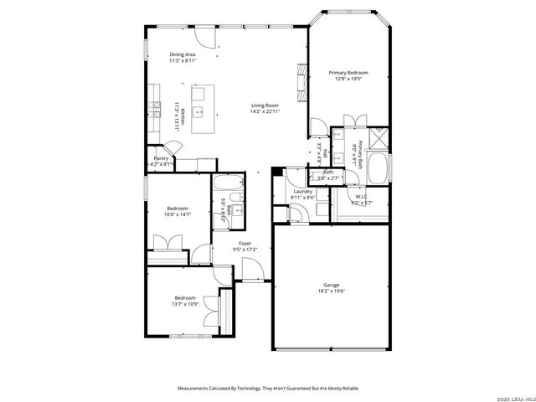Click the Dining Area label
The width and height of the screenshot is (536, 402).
click(x=182, y=54)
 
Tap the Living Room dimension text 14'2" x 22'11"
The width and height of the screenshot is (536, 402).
click(x=265, y=111)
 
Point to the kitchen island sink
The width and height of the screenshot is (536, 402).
click(x=200, y=110)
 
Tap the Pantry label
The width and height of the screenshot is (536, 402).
click(x=161, y=158)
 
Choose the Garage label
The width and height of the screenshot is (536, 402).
click(x=332, y=285)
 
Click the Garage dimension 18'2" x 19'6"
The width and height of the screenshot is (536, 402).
click(x=332, y=291)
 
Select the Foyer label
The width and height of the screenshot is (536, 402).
click(x=245, y=243)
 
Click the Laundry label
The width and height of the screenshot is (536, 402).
click(x=302, y=191)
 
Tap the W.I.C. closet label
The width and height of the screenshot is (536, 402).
click(x=361, y=198)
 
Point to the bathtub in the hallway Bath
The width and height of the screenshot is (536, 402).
click(x=225, y=184)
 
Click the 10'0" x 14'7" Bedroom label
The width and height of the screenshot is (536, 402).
click(x=177, y=208)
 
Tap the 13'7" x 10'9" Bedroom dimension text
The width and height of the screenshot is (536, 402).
click(x=185, y=304)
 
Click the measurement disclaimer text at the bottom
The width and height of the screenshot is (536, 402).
click(x=267, y=389)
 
